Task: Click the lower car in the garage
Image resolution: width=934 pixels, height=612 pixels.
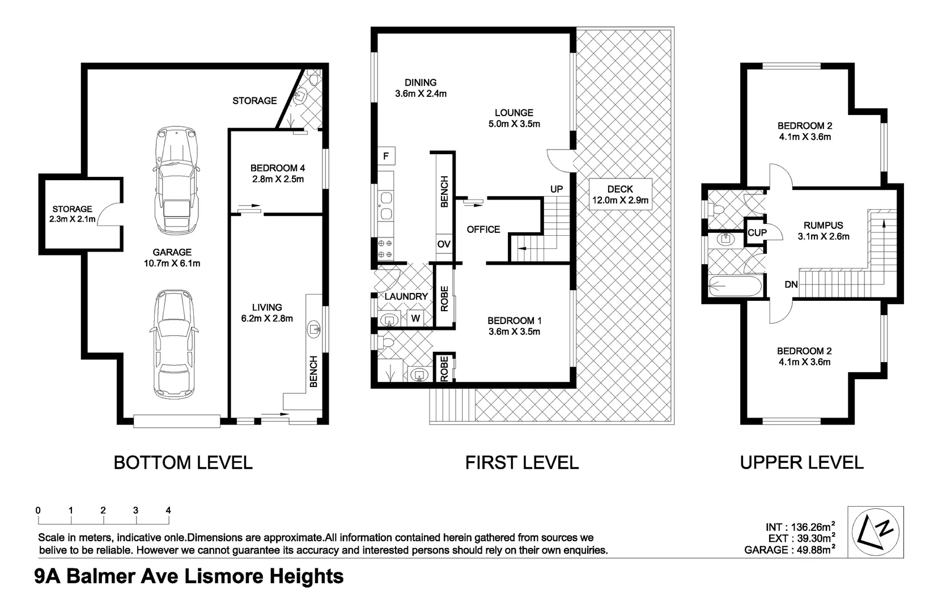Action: (174, 344)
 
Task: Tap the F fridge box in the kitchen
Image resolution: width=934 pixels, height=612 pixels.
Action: (386, 156)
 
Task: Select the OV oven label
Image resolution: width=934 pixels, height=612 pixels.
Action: (444, 244)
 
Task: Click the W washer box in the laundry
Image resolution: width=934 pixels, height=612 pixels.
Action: (415, 318)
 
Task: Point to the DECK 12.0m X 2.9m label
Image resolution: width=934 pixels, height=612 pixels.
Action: (620, 194)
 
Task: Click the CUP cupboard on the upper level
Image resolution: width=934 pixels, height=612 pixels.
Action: (757, 232)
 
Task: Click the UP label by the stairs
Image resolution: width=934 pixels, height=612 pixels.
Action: (557, 189)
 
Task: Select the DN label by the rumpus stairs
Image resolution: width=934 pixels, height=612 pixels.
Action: (791, 284)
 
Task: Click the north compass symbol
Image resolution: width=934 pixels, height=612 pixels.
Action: (875, 532)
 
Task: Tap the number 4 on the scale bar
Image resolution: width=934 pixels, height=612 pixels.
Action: (168, 510)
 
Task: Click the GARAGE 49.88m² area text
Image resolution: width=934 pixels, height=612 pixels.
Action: (791, 550)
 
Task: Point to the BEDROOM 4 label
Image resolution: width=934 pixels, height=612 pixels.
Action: (278, 173)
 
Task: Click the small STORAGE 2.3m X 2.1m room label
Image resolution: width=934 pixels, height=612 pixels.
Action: (73, 214)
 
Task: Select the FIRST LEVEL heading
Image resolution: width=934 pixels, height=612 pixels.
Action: (521, 462)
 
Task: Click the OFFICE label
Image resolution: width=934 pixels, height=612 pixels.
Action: (483, 229)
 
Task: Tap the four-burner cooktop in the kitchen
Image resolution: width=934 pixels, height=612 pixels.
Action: (385, 249)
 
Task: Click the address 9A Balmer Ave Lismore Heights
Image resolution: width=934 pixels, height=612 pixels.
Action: (189, 576)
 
